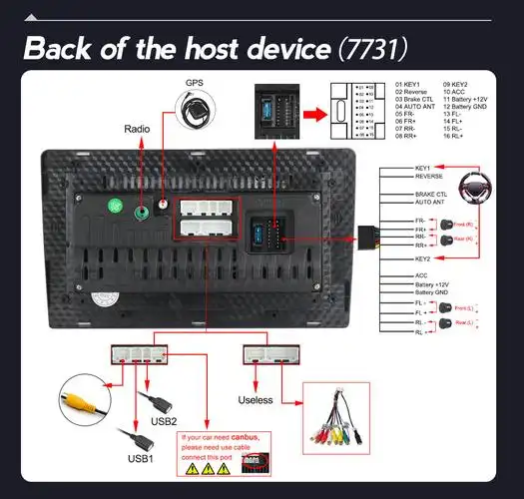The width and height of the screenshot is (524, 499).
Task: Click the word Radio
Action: tap(137, 129)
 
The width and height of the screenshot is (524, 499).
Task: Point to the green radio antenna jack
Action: tap(116, 209)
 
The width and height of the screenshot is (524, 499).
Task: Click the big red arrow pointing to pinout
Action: tap(312, 115)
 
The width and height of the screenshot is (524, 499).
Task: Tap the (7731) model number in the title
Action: tap(371, 48)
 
